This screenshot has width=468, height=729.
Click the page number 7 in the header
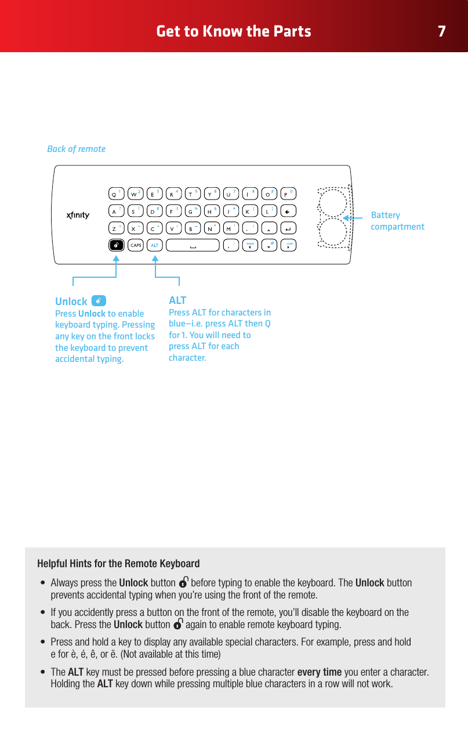442,31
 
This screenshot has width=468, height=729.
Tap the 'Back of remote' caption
76,149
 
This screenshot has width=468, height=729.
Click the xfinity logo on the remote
77,216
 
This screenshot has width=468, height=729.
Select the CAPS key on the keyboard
136,245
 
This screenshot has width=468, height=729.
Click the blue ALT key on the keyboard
155,245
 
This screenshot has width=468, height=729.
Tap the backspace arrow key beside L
288,211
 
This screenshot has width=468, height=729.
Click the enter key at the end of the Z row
288,228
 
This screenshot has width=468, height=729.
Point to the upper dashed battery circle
333,202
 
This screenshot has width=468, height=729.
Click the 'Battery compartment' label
397,221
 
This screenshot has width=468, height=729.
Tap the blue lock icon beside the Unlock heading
99,300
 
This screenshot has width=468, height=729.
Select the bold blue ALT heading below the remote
177,300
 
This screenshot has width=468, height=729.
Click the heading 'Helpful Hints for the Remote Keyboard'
118,564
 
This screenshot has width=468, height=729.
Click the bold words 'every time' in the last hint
319,672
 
